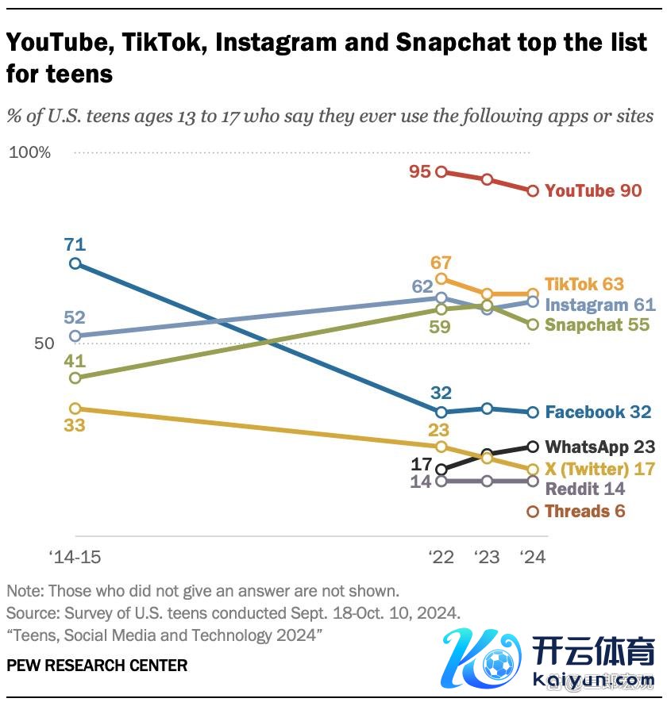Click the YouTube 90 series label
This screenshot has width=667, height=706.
(x=592, y=191)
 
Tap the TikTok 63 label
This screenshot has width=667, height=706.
(x=584, y=284)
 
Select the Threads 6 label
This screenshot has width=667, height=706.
(x=584, y=511)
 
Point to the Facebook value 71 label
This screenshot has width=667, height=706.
(x=75, y=244)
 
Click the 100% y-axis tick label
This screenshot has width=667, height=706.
(x=29, y=152)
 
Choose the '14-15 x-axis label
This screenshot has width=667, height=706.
(x=75, y=557)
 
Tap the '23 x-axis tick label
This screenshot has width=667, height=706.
(x=487, y=557)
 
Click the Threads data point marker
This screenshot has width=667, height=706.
(x=534, y=512)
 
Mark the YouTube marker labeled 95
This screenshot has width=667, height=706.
(x=441, y=171)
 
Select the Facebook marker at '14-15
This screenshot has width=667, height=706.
(x=75, y=263)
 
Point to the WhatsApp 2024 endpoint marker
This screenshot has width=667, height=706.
(x=534, y=447)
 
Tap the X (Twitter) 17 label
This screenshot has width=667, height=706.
(x=600, y=469)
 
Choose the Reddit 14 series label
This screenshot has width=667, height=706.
(x=584, y=489)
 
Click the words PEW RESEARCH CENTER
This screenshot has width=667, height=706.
(x=97, y=665)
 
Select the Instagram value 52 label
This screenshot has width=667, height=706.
(x=75, y=317)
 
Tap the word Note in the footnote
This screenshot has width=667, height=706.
(x=24, y=591)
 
